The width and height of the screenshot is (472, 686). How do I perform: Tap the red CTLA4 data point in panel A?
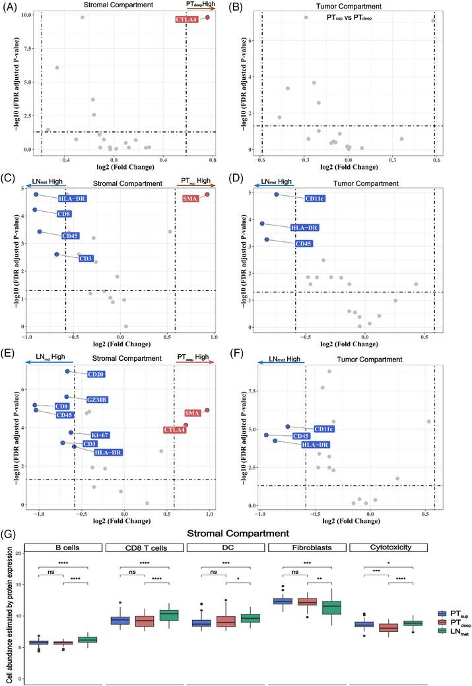pos(207,17)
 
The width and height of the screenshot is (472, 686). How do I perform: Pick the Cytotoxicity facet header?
pos(389,547)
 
